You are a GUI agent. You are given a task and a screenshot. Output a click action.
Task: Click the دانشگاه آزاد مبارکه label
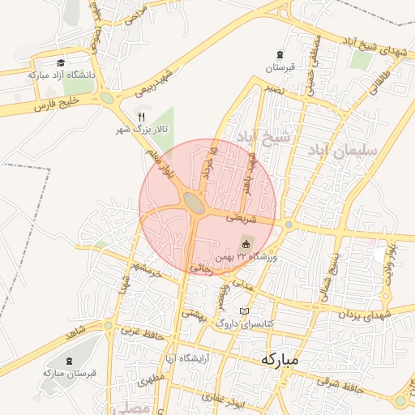pyautogui.click(x=62, y=75)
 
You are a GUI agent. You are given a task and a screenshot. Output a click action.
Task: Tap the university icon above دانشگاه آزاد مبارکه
pyautogui.click(x=61, y=62)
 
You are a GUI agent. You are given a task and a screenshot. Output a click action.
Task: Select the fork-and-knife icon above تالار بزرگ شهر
pyautogui.click(x=142, y=117)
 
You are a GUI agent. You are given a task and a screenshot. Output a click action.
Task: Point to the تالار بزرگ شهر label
pyautogui.click(x=141, y=130)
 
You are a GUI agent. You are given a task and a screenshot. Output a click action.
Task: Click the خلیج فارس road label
pyautogui.click(x=55, y=104)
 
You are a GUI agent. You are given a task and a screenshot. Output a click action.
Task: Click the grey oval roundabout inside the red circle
pyautogui.click(x=194, y=202)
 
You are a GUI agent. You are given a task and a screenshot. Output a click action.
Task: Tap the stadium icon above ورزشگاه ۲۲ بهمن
pyautogui.click(x=247, y=244)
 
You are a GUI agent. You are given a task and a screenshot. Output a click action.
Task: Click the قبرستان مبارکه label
pyautogui.click(x=71, y=373)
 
